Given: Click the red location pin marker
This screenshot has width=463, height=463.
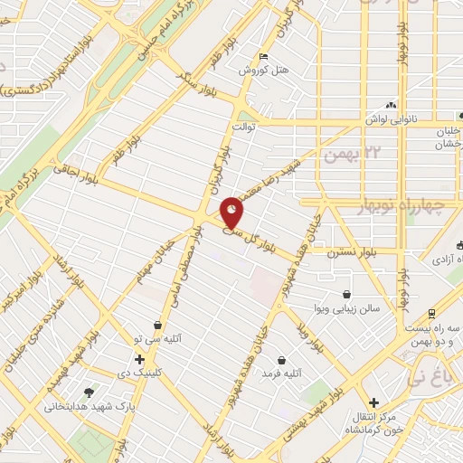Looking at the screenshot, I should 232,212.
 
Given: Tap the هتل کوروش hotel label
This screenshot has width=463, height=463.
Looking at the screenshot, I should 258,69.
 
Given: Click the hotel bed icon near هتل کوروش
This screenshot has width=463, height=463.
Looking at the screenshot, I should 262,53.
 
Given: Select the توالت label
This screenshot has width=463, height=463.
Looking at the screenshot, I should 245,127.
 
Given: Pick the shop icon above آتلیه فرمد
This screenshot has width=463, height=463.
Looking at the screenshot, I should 282,359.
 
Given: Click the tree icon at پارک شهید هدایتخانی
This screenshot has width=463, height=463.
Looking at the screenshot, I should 89,392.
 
